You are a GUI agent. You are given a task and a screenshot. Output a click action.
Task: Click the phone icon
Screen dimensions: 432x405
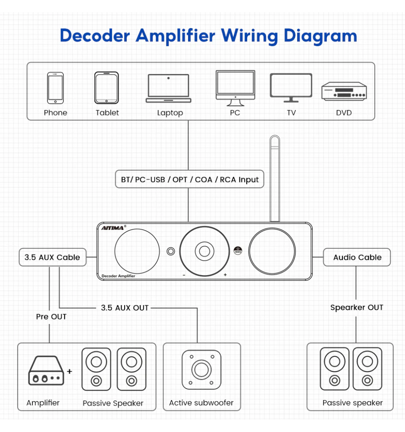click(x=55, y=88)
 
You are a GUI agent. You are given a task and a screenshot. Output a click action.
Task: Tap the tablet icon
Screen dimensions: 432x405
click(x=107, y=88)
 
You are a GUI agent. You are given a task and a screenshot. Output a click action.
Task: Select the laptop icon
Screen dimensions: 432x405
click(x=168, y=89)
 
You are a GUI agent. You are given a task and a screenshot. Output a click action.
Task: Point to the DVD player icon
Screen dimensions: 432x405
click(x=343, y=91)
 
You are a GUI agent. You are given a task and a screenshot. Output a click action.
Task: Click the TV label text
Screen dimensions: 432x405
click(x=292, y=113)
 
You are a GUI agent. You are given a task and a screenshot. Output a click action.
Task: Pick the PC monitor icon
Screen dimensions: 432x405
click(x=235, y=88)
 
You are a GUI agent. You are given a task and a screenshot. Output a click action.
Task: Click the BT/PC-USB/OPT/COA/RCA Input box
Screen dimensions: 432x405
click(x=190, y=179)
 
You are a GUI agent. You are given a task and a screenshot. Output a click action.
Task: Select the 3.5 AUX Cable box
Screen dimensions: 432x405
click(x=52, y=257)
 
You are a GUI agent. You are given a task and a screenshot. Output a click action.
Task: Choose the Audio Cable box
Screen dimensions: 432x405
click(x=357, y=257)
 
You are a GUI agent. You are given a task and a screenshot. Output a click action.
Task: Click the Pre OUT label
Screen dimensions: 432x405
click(x=51, y=317)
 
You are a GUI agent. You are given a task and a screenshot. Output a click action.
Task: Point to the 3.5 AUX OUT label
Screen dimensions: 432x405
click(x=125, y=308)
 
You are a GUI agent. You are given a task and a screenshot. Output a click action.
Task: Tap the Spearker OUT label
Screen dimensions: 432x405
click(x=357, y=308)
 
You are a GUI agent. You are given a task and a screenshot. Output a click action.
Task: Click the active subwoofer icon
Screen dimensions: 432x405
click(x=201, y=370)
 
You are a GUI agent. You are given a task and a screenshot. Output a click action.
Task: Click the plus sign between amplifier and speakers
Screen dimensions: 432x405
click(x=69, y=371)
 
